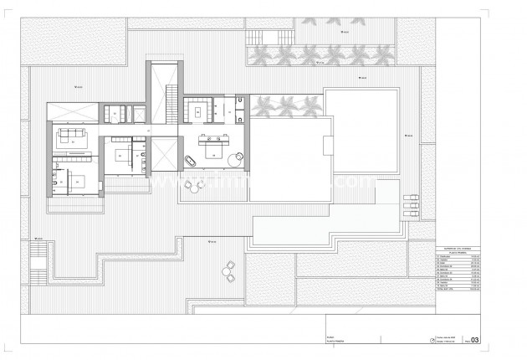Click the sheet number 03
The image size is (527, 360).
[x=476, y=340]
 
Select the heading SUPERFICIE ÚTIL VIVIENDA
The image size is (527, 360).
[x=458, y=249]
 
